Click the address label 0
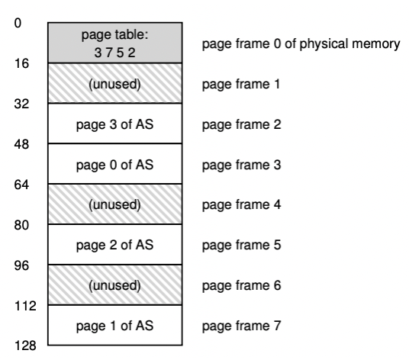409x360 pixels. (18, 23)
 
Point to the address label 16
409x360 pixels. (21, 63)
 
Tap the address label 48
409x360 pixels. (21, 144)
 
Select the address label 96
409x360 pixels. (21, 265)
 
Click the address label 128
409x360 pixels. (25, 346)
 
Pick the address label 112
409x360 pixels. (25, 306)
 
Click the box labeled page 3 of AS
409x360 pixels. (115, 124)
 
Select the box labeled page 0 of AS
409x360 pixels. (115, 164)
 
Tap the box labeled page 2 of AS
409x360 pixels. (115, 245)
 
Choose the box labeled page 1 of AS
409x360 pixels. (115, 326)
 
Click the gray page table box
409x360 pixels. (115, 43)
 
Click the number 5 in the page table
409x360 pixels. (121, 53)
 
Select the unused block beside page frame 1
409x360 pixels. (115, 83)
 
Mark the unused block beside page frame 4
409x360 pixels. (115, 204)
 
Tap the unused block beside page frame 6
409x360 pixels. (115, 285)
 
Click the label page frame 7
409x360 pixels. (242, 326)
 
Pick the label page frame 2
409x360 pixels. (242, 124)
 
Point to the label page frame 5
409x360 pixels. (242, 246)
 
